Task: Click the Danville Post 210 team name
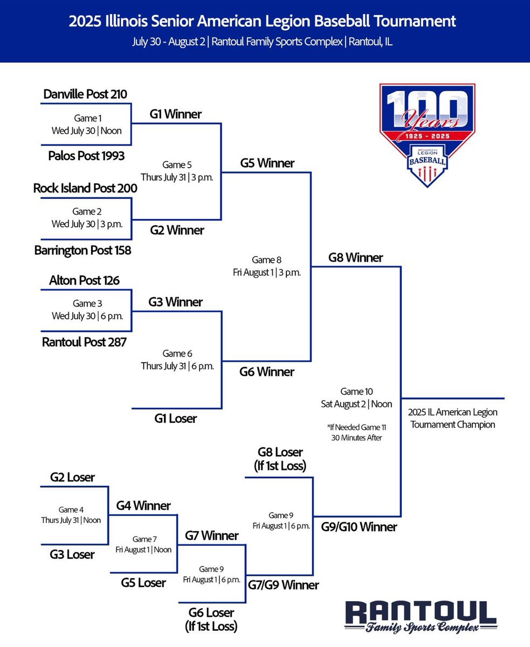85,94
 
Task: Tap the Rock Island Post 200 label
85,188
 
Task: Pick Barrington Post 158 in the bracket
82,250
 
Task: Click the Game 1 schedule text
87,124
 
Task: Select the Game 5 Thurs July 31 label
177,171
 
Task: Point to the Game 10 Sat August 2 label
357,397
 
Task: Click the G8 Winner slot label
355,258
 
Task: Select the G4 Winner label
143,506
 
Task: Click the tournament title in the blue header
263,22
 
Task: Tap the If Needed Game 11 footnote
357,432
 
